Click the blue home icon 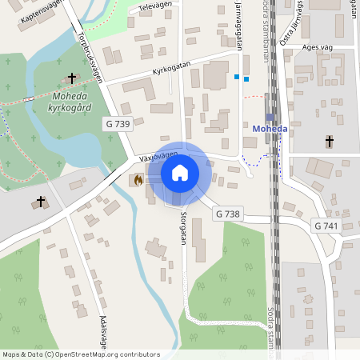click(180, 173)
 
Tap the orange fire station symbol click(138, 181)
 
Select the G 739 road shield click(118, 124)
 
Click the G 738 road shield click(228, 214)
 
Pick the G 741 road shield click(326, 226)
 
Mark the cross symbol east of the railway click(329, 142)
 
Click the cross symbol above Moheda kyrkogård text click(72, 78)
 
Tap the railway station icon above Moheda click(270, 117)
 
